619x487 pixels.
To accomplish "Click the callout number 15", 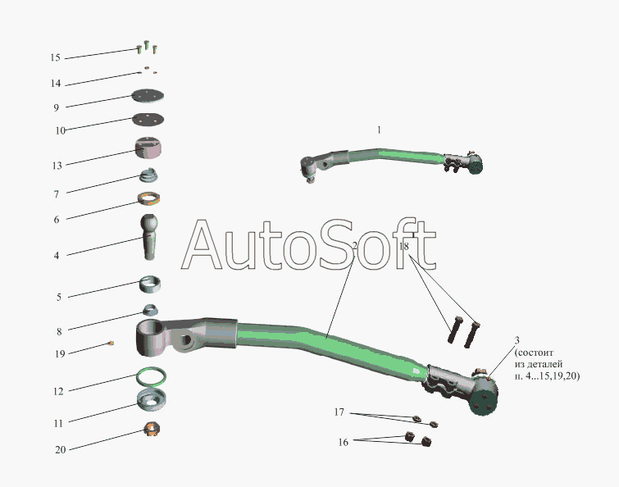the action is click(55, 57).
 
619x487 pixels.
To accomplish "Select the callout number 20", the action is click(61, 449).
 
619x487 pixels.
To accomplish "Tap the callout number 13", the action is click(57, 166).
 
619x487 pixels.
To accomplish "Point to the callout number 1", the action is click(379, 130).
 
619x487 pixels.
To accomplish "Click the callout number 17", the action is click(339, 412).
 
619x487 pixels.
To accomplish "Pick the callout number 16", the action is click(343, 442).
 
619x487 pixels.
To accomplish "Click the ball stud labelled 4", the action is click(149, 237).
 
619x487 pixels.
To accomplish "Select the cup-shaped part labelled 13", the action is click(148, 148).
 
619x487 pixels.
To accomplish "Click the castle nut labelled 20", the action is click(152, 429).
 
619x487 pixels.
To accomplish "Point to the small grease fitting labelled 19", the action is click(111, 344).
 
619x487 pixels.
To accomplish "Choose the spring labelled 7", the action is click(149, 175).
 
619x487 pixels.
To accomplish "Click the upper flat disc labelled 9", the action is click(148, 95).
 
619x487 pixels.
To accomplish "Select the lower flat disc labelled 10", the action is click(148, 119).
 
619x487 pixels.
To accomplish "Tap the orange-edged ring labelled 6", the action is click(149, 198).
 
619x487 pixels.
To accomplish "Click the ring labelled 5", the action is click(150, 284).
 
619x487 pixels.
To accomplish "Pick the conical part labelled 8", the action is click(150, 310).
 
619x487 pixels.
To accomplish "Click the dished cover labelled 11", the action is click(151, 399).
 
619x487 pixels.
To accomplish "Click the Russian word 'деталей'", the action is click(547, 364).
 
